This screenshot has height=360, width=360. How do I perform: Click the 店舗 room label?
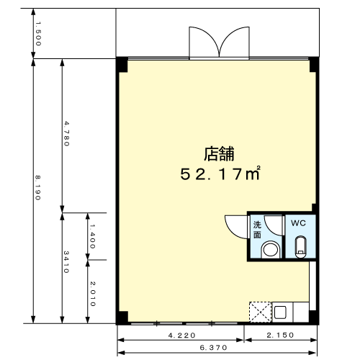pos(219,153)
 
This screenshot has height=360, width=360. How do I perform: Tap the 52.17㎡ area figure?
pos(220,174)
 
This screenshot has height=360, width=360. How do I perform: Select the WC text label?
pos(298,223)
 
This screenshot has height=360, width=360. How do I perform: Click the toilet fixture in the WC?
pos(300,247)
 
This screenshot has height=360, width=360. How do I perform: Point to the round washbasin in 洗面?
pos(271,250)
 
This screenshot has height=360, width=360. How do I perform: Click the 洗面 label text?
pos(257,230)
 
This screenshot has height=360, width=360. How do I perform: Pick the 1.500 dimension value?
pos(38,34)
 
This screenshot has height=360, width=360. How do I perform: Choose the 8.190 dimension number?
pos(37,188)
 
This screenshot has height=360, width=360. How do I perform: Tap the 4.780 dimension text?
pos(66,134)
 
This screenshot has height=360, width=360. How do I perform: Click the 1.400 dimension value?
pos(92,236)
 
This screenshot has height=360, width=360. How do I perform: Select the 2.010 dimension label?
pos(93,294)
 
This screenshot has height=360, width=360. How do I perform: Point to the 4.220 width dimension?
pos(181,336)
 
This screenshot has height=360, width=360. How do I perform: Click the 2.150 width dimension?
pos(280,335)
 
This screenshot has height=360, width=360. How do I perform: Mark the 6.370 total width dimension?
pos(213,348)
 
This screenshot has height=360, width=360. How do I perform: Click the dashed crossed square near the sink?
pos(261,312)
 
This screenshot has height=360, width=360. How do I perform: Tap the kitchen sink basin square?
pos(280,312)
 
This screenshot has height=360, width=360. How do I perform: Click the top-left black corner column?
pos(122,65)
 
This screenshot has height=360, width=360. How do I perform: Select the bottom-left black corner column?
pos(122,318)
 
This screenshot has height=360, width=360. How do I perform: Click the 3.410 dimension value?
pos(66,262)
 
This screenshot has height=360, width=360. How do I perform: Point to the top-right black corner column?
pos(314,65)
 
